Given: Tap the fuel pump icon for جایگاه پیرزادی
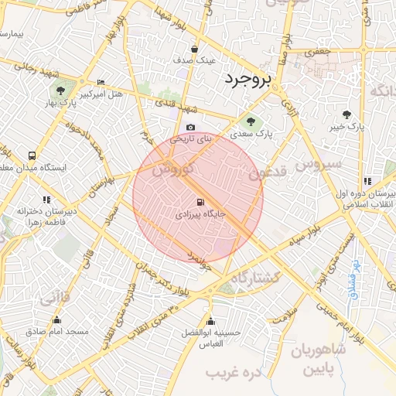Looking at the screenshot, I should [x=191, y=200].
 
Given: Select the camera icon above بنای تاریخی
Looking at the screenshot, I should [x=190, y=128].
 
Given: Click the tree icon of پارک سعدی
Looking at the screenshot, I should [x=250, y=121].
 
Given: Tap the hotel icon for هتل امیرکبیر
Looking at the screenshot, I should [x=101, y=83].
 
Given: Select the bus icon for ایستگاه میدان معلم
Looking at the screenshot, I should [x=32, y=155].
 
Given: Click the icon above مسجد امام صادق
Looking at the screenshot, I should [x=56, y=320].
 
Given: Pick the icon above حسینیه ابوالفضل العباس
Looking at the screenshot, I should [x=210, y=321].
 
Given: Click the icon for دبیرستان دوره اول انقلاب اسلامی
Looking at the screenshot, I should [x=368, y=181].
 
